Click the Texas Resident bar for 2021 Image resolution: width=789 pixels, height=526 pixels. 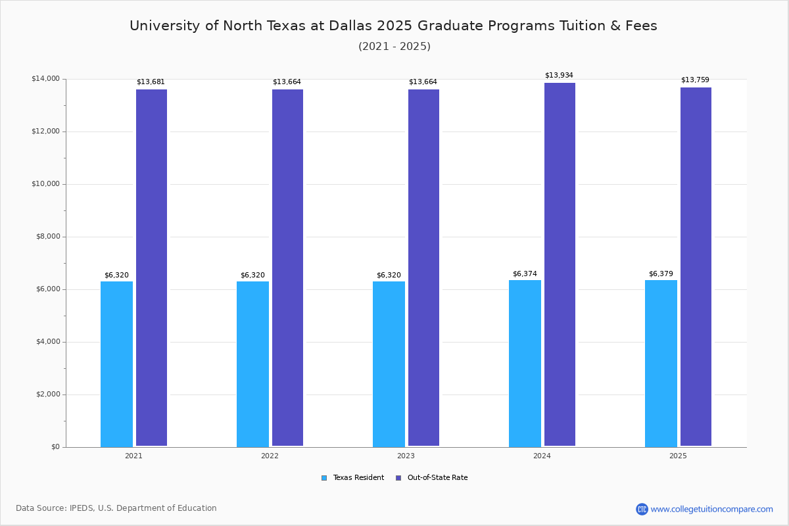pos(116,364)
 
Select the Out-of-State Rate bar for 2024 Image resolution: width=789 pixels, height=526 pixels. pos(560,264)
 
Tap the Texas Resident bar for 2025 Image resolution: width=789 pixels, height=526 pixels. pos(661,364)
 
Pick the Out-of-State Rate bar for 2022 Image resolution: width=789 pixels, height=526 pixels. pos(287,268)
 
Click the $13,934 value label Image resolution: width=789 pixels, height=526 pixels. pos(559,75)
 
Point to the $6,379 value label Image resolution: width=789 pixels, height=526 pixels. pos(661,274)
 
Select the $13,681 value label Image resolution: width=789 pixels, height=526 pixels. pos(151,82)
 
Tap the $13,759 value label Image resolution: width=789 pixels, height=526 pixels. pos(695,80)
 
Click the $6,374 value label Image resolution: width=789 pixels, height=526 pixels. pos(525,274)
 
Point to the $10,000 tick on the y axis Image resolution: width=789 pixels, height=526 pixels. pos(46,184)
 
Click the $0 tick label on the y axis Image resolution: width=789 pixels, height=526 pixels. pos(56,447)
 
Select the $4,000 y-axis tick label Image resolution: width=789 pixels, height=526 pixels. pos(48,342)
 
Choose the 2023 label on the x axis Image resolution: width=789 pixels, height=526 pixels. pos(406,456)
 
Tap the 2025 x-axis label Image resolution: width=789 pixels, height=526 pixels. pos(678,456)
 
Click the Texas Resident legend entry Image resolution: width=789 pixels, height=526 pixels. pos(352,478)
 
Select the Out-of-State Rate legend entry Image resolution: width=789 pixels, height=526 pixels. pos(432,478)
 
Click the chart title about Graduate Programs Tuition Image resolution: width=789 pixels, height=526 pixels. pos(393,26)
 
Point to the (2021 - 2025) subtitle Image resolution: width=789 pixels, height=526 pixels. pos(394,46)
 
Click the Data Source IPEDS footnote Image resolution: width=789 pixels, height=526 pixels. pos(116,508)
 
